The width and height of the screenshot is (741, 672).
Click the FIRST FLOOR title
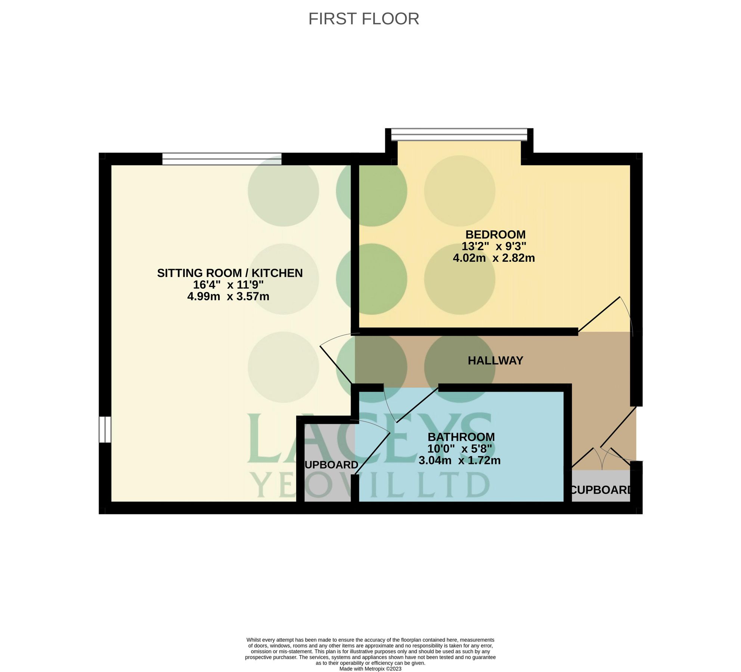[363, 19]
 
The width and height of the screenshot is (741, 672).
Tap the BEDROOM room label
[495, 234]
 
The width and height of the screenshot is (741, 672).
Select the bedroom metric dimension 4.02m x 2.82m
[494, 258]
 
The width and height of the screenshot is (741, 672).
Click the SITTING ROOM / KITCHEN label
[230, 273]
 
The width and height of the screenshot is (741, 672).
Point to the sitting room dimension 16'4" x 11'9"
[228, 285]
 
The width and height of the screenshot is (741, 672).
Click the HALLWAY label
[495, 360]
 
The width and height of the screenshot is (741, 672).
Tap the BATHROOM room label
[461, 437]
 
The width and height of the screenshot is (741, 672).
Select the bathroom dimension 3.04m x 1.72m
[459, 460]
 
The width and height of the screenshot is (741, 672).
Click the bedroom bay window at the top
[459, 134]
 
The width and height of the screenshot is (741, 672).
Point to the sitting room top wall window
[222, 159]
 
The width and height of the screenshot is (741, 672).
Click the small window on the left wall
[105, 429]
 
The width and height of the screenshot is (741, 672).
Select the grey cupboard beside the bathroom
[328, 463]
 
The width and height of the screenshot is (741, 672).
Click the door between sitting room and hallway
[335, 364]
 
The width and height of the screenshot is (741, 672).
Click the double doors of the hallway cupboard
[602, 457]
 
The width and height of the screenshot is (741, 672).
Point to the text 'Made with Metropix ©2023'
[370, 669]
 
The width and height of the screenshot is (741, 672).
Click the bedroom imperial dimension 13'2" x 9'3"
[494, 246]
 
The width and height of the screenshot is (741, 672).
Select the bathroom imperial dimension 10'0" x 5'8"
[459, 448]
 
